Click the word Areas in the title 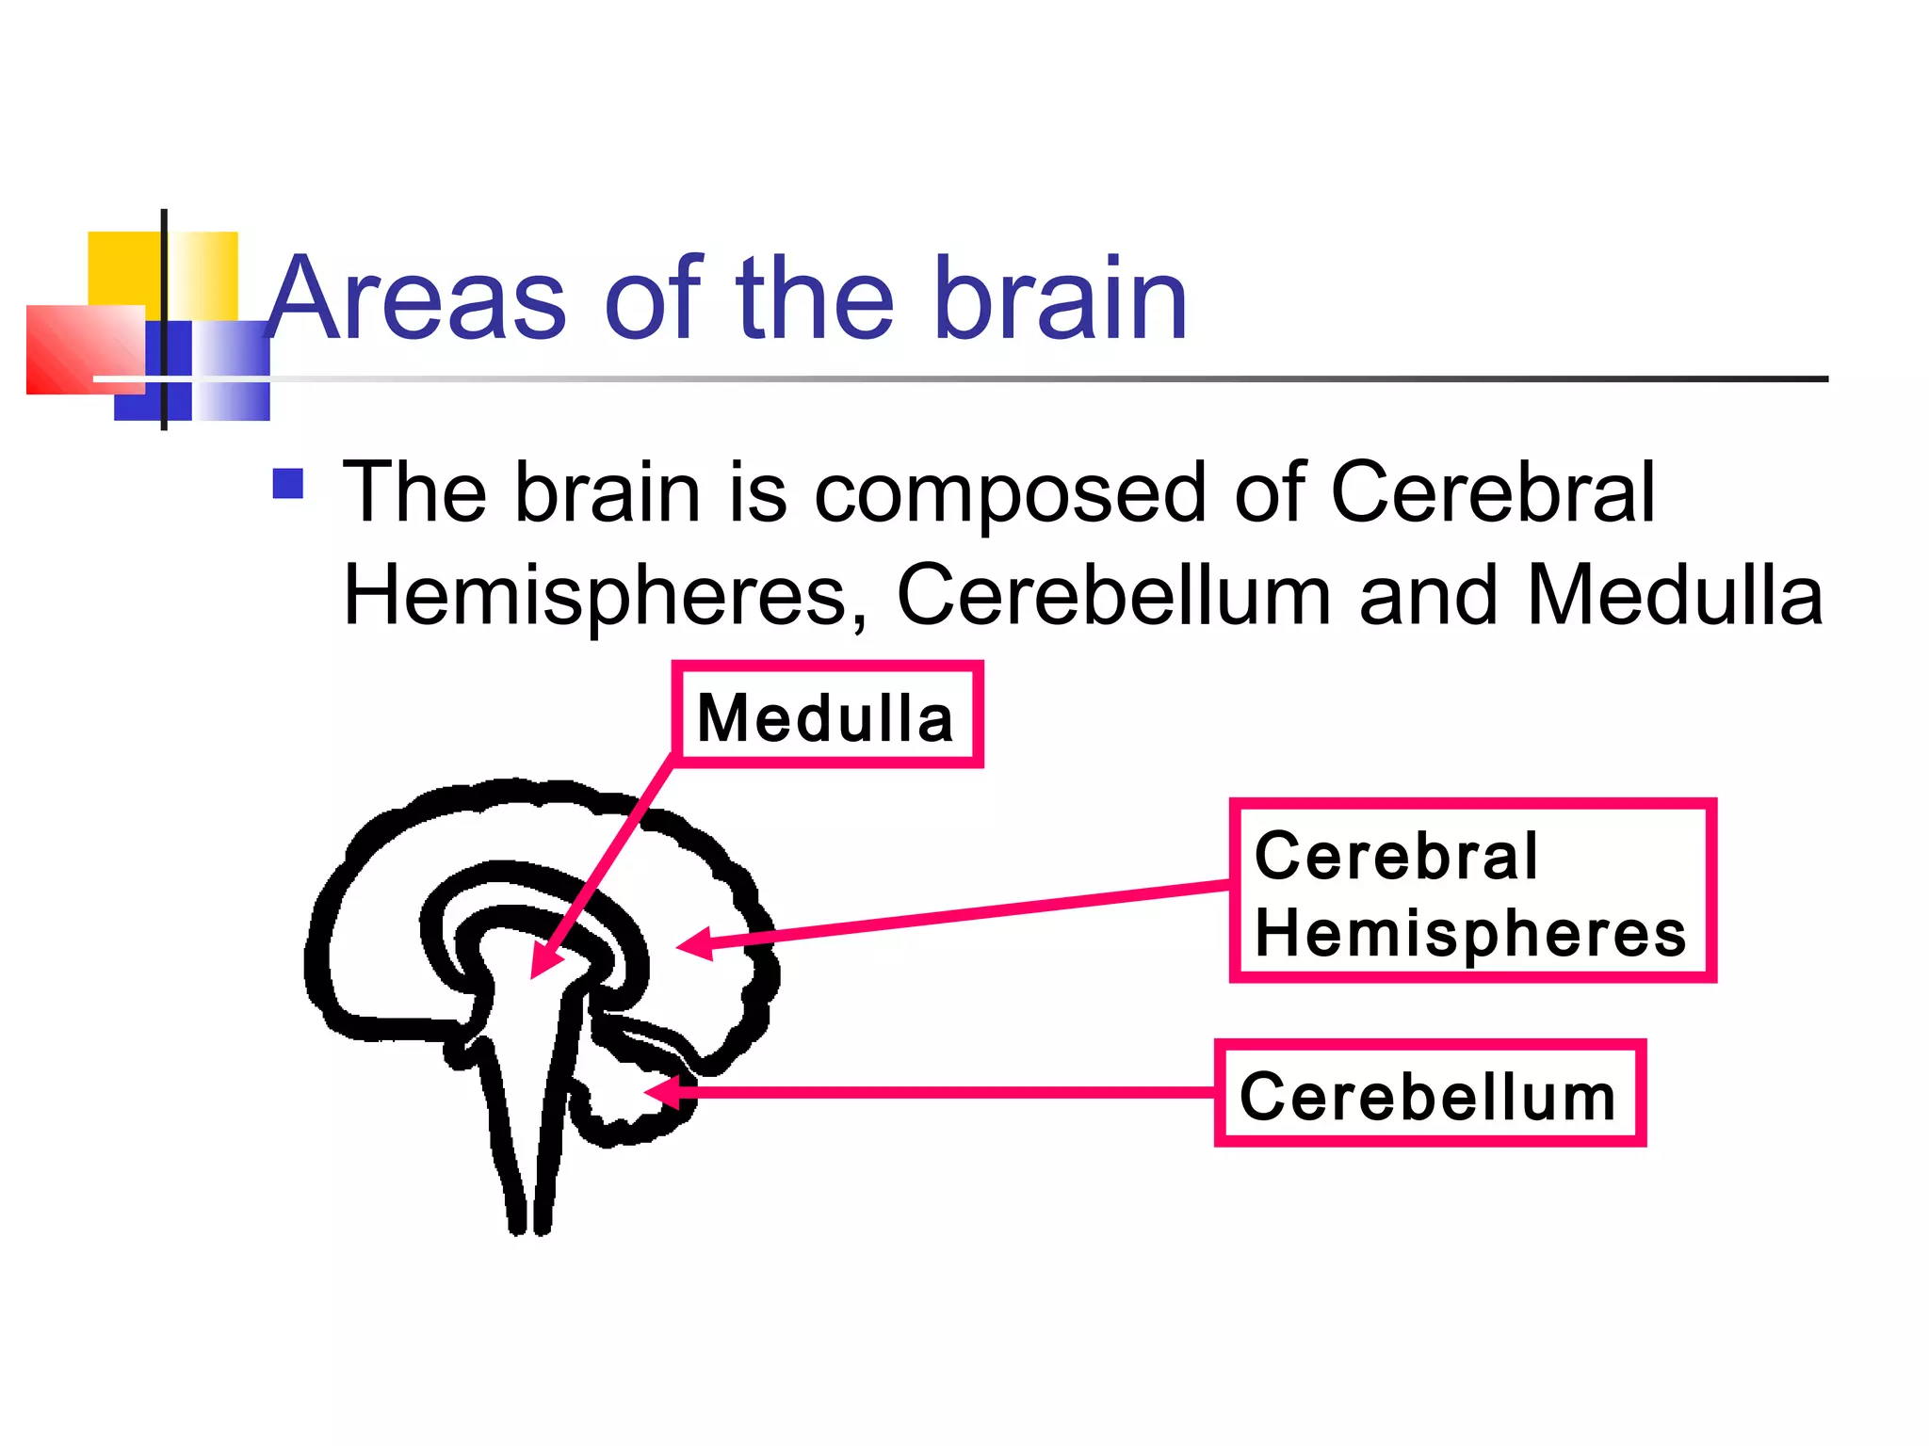pyautogui.click(x=415, y=299)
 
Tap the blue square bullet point pyautogui.click(x=287, y=484)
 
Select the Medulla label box pyautogui.click(x=827, y=715)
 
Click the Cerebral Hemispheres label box pyautogui.click(x=1472, y=891)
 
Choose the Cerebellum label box pyautogui.click(x=1429, y=1094)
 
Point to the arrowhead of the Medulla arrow pyautogui.click(x=542, y=964)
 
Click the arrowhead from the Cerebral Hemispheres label pyautogui.click(x=692, y=944)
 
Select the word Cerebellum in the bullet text pyautogui.click(x=1113, y=595)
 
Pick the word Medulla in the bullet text pyautogui.click(x=1675, y=595)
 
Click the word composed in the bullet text pyautogui.click(x=1009, y=493)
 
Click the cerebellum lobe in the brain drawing pyautogui.click(x=626, y=1101)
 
